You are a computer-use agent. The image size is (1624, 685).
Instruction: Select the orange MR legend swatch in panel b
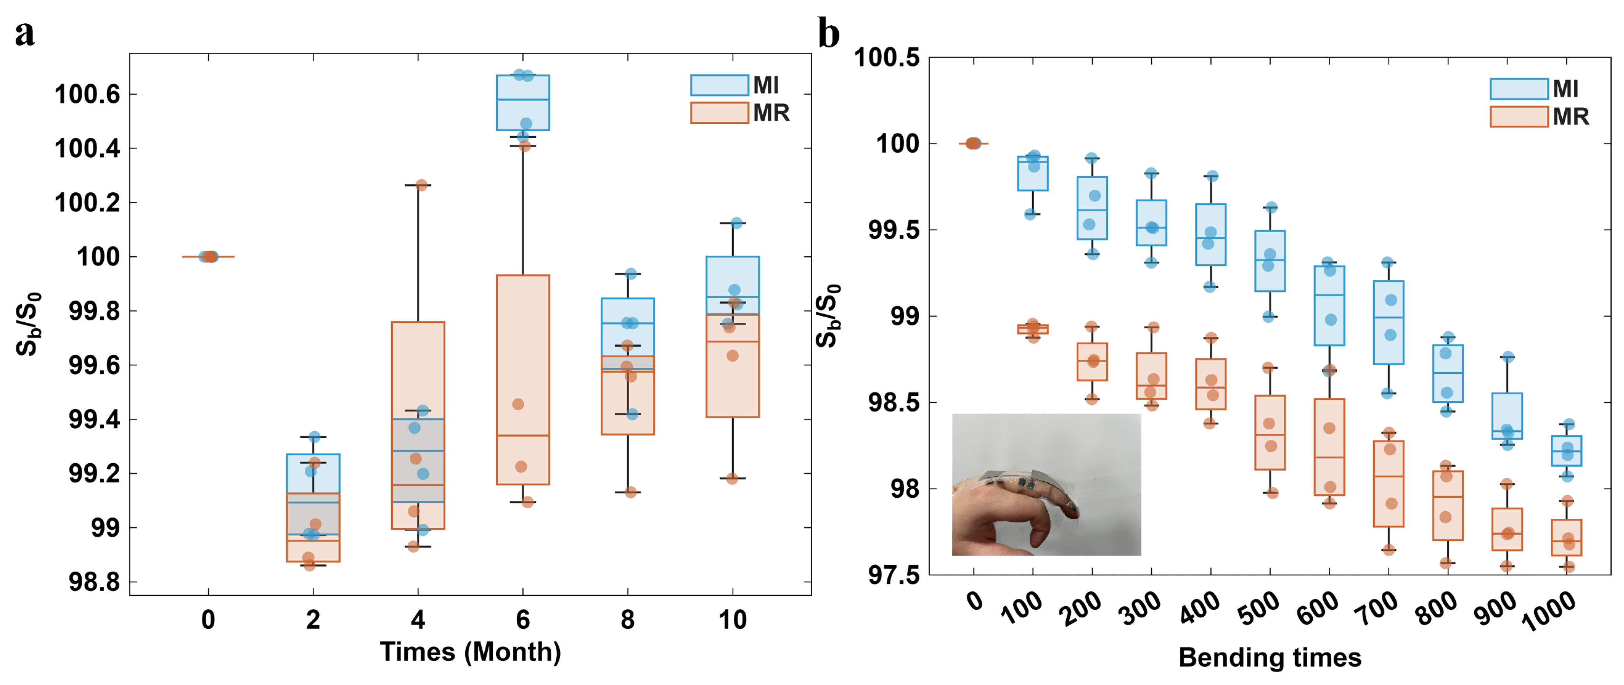pyautogui.click(x=1518, y=117)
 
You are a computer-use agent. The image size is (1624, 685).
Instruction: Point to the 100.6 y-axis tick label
pyautogui.click(x=87, y=94)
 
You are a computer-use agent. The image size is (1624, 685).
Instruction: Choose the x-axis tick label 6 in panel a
pyautogui.click(x=523, y=620)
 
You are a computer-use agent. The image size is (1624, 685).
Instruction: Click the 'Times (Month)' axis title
pyautogui.click(x=470, y=651)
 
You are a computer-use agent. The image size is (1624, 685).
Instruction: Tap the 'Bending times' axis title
pyautogui.click(x=1270, y=657)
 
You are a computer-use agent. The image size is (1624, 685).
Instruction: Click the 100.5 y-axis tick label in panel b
pyautogui.click(x=886, y=58)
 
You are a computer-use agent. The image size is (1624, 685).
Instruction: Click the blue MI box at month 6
pyautogui.click(x=523, y=103)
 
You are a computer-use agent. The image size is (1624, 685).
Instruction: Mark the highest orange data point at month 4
pyautogui.click(x=422, y=185)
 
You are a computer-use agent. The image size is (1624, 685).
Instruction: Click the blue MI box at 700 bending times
pyautogui.click(x=1388, y=322)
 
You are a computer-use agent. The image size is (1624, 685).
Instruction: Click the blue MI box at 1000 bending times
pyautogui.click(x=1566, y=450)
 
